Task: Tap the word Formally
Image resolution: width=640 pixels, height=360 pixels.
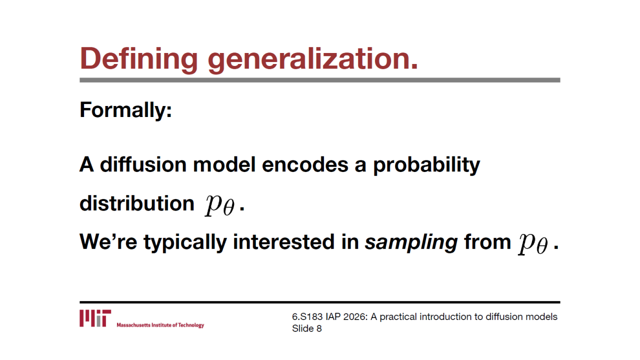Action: [x=125, y=110]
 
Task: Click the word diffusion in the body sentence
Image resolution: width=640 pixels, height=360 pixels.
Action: [x=143, y=164]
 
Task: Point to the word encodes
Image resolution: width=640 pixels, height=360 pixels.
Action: [x=305, y=164]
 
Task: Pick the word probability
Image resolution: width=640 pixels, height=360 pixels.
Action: [x=426, y=165]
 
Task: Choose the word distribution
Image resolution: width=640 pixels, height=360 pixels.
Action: [x=137, y=203]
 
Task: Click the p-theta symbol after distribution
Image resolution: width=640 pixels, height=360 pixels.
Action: [x=219, y=205]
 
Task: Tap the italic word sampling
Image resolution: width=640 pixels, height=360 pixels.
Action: [x=411, y=242]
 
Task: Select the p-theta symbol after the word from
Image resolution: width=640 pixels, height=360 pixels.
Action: [x=533, y=243]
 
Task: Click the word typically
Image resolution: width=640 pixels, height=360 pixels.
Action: [x=185, y=242]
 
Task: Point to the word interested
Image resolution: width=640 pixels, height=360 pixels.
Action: [x=283, y=241]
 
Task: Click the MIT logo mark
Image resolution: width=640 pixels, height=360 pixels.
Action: [x=95, y=318]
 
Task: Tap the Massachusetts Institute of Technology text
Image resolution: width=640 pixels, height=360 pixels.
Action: [x=160, y=325]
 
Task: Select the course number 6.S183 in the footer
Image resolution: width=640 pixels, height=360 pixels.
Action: [x=307, y=317]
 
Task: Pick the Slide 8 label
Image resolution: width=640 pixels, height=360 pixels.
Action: [x=307, y=328]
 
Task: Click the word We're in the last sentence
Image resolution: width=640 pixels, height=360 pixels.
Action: [x=108, y=241]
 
